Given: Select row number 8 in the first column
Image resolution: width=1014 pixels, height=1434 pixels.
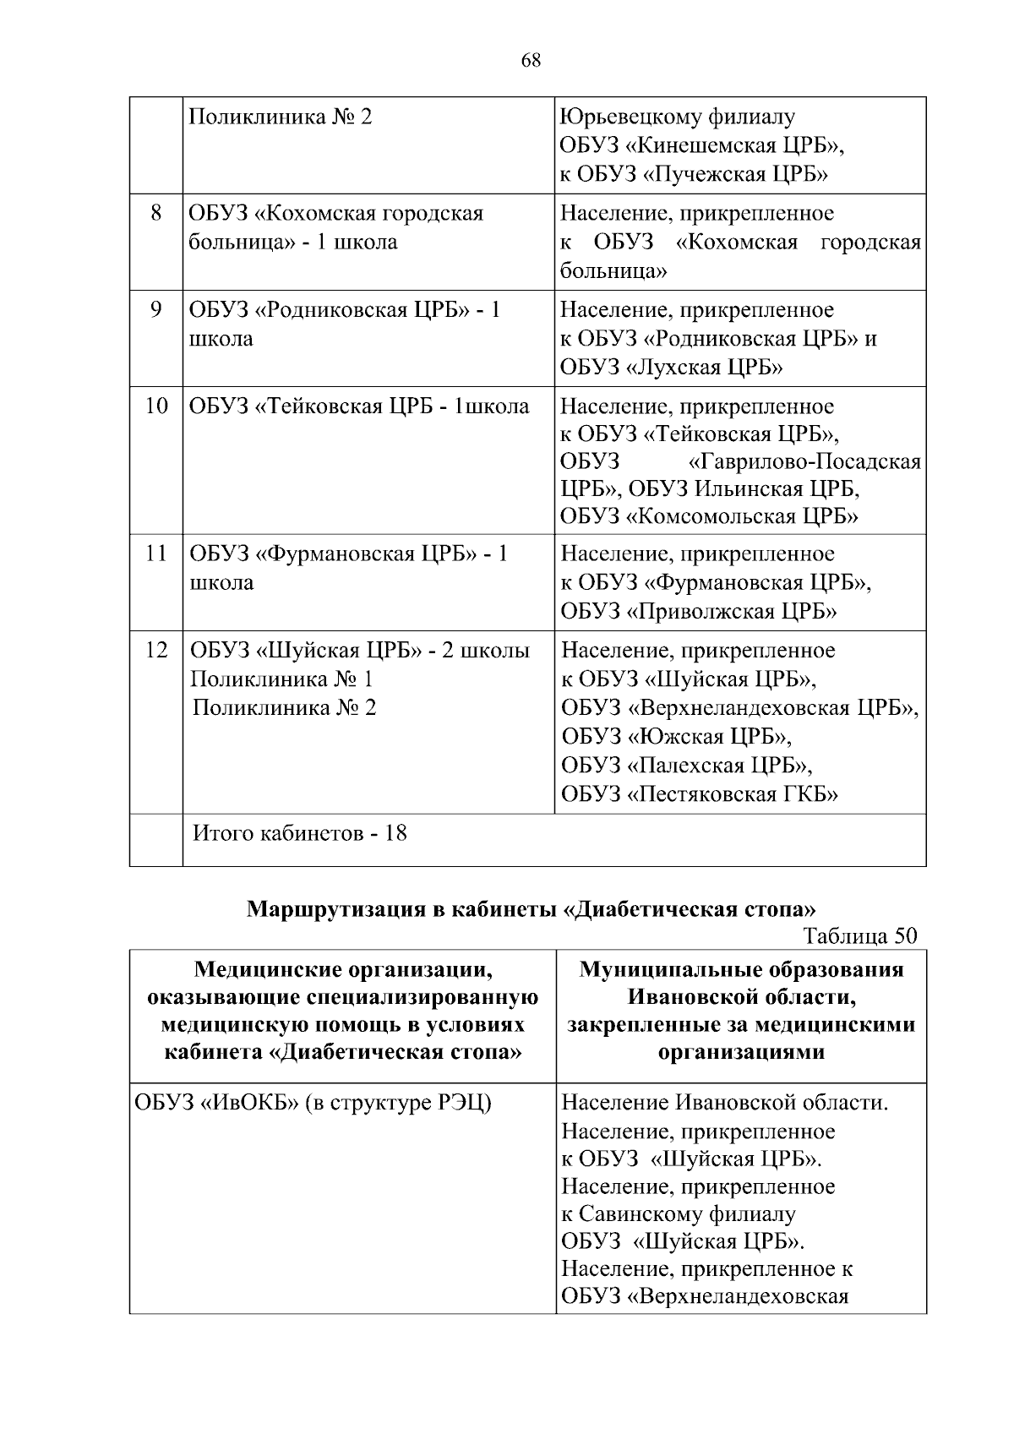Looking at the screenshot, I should (x=156, y=213).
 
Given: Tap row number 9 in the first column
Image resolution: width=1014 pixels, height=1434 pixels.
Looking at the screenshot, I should (x=156, y=310).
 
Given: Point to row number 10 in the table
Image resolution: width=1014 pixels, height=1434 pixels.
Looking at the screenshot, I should (x=156, y=406).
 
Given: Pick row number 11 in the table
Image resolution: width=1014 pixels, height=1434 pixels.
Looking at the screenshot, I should (x=156, y=554).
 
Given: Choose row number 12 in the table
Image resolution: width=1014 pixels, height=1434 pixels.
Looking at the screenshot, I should (x=156, y=651).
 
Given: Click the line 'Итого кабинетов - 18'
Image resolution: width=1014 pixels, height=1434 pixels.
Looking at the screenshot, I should (x=300, y=833).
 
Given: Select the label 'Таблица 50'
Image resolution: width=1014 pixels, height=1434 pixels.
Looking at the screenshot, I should (x=860, y=936).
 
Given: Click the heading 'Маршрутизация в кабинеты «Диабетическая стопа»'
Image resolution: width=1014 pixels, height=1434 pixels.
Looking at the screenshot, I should (x=532, y=910).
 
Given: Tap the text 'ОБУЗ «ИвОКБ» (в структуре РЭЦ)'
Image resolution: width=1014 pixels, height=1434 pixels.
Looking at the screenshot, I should (x=313, y=1103).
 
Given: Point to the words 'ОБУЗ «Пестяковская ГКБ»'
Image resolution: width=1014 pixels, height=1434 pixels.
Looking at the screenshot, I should (x=700, y=794).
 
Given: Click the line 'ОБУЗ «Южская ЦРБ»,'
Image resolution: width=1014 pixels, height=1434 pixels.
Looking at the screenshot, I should (x=677, y=737).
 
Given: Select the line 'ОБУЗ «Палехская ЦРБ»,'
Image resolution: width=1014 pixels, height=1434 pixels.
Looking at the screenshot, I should (x=687, y=766).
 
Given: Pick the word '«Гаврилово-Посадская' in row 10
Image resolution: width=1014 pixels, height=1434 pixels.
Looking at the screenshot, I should (x=805, y=462).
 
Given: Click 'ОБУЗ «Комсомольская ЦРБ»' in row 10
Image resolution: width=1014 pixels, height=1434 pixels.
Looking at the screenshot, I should (x=710, y=516).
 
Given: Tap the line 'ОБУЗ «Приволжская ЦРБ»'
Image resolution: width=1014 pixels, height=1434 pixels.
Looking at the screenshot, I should (x=699, y=612).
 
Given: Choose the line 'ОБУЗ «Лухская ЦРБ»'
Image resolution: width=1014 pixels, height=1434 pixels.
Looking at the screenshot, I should (x=672, y=368).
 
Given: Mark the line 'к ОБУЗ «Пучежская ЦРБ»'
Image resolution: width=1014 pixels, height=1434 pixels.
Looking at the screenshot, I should (x=694, y=175).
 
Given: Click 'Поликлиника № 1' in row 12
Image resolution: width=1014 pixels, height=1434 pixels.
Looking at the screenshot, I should (x=281, y=679).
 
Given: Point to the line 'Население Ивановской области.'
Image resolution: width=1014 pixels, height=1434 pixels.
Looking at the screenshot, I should (x=725, y=1103).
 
